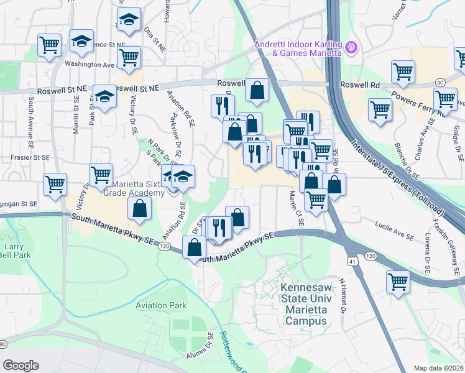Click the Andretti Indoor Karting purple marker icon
click(x=351, y=46)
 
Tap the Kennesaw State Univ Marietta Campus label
click(x=303, y=305)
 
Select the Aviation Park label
click(x=161, y=305)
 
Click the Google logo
click(x=21, y=366)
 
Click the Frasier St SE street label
click(x=30, y=159)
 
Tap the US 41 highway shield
click(x=352, y=264)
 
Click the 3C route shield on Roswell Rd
click(x=440, y=82)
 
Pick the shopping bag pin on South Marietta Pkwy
click(x=195, y=247)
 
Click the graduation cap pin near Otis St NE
click(x=129, y=21)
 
